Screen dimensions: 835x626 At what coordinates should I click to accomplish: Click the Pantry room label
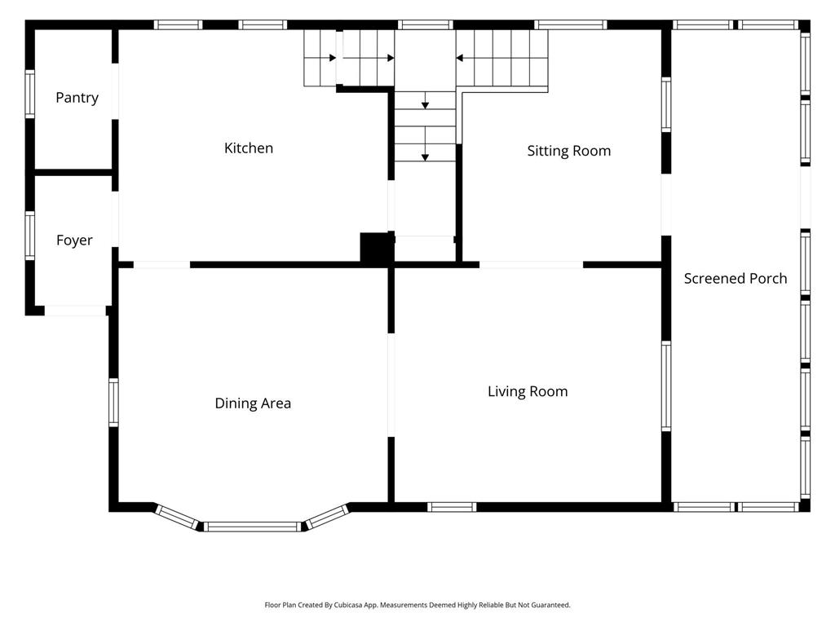(x=77, y=98)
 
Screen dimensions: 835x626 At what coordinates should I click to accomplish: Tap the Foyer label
(x=74, y=240)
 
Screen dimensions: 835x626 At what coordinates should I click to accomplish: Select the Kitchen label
(x=249, y=148)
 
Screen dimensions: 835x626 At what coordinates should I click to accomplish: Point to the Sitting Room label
(x=568, y=151)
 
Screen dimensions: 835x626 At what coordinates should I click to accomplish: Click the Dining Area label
(x=253, y=403)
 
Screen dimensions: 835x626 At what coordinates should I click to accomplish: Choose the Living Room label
(x=528, y=392)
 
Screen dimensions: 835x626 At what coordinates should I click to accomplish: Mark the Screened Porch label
(x=736, y=279)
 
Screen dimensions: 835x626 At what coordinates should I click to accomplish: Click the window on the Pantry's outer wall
(x=30, y=95)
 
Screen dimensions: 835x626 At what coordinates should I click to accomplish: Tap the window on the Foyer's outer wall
(x=30, y=236)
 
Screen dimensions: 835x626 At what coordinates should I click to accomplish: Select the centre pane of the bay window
(x=253, y=527)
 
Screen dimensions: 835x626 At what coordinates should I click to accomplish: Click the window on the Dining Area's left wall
(x=113, y=403)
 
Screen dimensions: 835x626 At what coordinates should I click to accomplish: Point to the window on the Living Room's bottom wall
(x=452, y=507)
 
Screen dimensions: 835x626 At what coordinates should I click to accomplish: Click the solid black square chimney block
(x=377, y=248)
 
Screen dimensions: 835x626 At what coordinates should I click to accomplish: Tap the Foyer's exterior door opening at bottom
(x=75, y=311)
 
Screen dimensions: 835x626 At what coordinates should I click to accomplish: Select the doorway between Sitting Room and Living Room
(x=532, y=265)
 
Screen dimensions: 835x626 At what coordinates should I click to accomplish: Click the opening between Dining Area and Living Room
(x=391, y=386)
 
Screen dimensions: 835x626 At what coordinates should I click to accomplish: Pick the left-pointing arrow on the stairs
(x=460, y=58)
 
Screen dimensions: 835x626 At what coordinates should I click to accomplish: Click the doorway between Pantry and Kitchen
(x=114, y=91)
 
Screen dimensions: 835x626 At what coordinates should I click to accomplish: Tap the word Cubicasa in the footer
(x=348, y=606)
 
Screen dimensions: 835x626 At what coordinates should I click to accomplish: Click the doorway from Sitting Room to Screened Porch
(x=666, y=205)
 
